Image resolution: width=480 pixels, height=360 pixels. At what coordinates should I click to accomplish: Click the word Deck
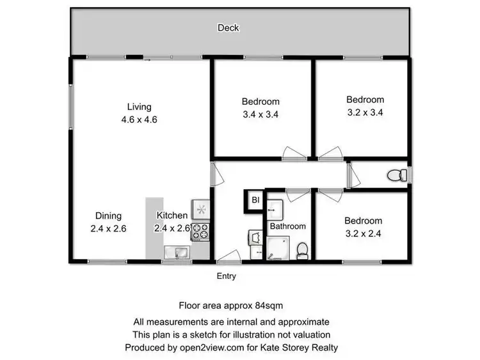point(228,27)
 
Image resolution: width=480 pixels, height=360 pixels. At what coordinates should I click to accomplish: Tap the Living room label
point(139,107)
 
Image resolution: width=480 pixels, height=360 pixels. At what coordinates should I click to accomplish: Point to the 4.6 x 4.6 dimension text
point(139,120)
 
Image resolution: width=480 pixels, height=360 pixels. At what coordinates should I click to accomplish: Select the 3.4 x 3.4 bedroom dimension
point(260,115)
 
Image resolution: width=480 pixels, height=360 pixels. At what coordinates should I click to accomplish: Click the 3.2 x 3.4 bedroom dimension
point(365,113)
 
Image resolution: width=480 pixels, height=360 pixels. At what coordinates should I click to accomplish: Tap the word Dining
point(108,216)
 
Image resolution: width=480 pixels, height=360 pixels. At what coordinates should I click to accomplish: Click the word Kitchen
point(172,216)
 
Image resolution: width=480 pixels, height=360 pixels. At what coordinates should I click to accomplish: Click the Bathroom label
point(287,226)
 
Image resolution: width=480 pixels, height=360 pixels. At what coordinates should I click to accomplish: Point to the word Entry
point(227,276)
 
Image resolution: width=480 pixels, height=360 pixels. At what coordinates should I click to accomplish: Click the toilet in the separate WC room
point(400,174)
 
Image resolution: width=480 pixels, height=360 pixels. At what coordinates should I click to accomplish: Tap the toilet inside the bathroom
point(303,250)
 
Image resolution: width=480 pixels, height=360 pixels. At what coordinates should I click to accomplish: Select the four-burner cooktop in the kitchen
point(200,232)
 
